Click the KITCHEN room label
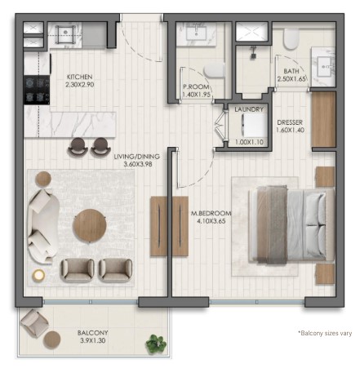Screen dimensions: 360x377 pyautogui.click(x=80, y=77)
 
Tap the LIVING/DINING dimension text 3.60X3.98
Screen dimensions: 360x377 pyautogui.click(x=138, y=164)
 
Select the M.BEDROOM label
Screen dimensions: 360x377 pyautogui.click(x=211, y=214)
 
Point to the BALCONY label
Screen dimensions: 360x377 pyautogui.click(x=93, y=333)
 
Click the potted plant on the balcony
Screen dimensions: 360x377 pyautogui.click(x=156, y=344)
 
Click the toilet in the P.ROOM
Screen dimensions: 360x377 pyautogui.click(x=215, y=70)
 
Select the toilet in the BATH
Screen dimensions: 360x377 pyautogui.click(x=291, y=39)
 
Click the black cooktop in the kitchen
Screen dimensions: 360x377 pyautogui.click(x=37, y=90)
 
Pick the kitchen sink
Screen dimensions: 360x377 pyautogui.click(x=65, y=33)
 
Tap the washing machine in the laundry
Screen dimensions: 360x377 pyautogui.click(x=254, y=126)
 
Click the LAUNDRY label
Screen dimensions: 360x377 pyautogui.click(x=249, y=109)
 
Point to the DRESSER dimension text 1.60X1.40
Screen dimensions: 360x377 pyautogui.click(x=290, y=130)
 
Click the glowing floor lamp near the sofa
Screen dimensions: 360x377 pyautogui.click(x=38, y=276)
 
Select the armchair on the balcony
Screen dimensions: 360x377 pyautogui.click(x=34, y=323)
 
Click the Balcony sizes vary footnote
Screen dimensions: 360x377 pyautogui.click(x=325, y=333)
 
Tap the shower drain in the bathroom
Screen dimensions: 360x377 pyautogui.click(x=254, y=55)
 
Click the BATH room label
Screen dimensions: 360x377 pyautogui.click(x=291, y=71)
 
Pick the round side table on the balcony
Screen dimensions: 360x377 pyautogui.click(x=52, y=339)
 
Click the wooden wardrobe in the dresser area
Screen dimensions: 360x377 pyautogui.click(x=324, y=119)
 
